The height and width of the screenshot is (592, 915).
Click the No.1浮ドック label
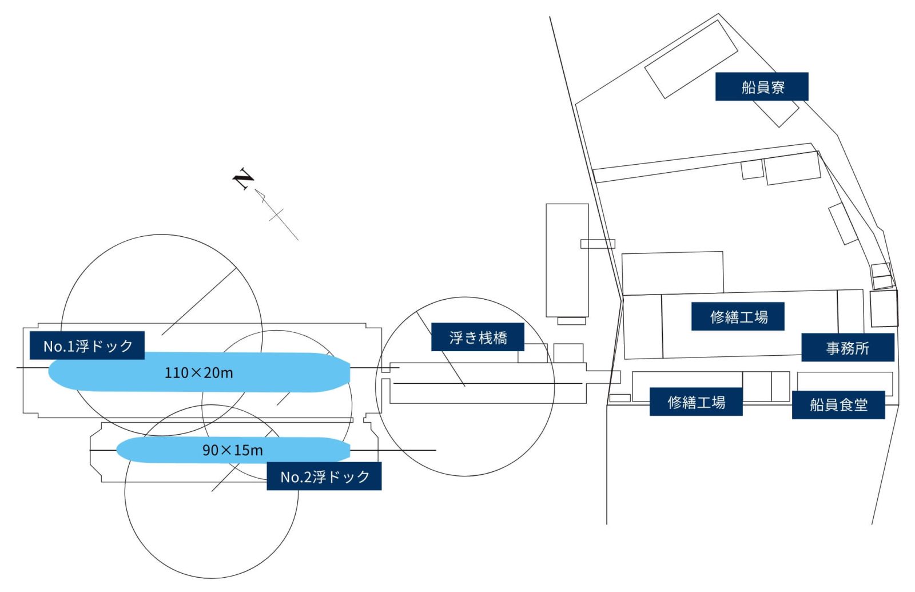tap(87, 345)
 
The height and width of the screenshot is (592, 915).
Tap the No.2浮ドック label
tap(324, 476)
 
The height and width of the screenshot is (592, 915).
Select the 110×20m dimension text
tap(198, 373)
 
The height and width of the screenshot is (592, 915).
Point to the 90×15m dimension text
tap(232, 450)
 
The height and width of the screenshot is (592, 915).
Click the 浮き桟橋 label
tap(478, 337)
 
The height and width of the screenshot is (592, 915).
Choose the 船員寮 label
tap(762, 87)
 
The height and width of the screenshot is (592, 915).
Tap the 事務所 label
tap(847, 348)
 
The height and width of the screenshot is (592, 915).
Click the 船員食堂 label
tap(838, 405)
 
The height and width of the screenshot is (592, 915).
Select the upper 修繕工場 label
tap(738, 317)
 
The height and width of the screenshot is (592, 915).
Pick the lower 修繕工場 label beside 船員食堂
tap(696, 402)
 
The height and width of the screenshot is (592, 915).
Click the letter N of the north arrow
tap(244, 178)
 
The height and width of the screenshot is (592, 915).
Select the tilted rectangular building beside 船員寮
tap(691, 59)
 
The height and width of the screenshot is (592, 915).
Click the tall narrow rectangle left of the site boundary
tap(567, 260)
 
